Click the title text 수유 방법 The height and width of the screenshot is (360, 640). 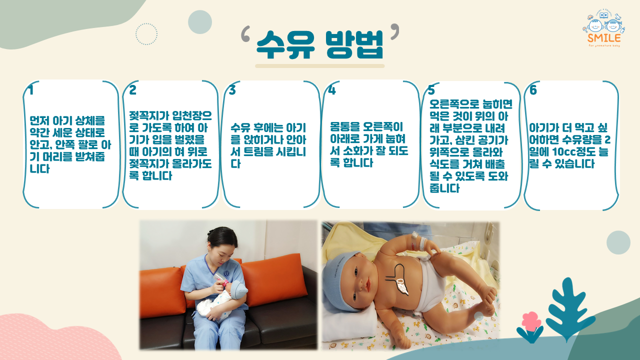click(319, 44)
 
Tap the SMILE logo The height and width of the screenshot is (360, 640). click(603, 28)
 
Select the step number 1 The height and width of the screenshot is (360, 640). click(31, 90)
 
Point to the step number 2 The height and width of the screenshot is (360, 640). click(132, 90)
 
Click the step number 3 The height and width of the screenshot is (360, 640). click(232, 90)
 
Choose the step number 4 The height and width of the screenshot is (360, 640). click(331, 90)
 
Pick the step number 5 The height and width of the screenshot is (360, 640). click(431, 90)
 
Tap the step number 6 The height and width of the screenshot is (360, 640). click(533, 90)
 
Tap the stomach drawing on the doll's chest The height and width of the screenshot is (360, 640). click(398, 278)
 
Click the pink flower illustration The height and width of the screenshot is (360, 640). click(531, 321)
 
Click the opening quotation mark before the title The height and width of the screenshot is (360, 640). click(245, 33)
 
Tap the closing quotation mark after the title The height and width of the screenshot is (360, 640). click(394, 32)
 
